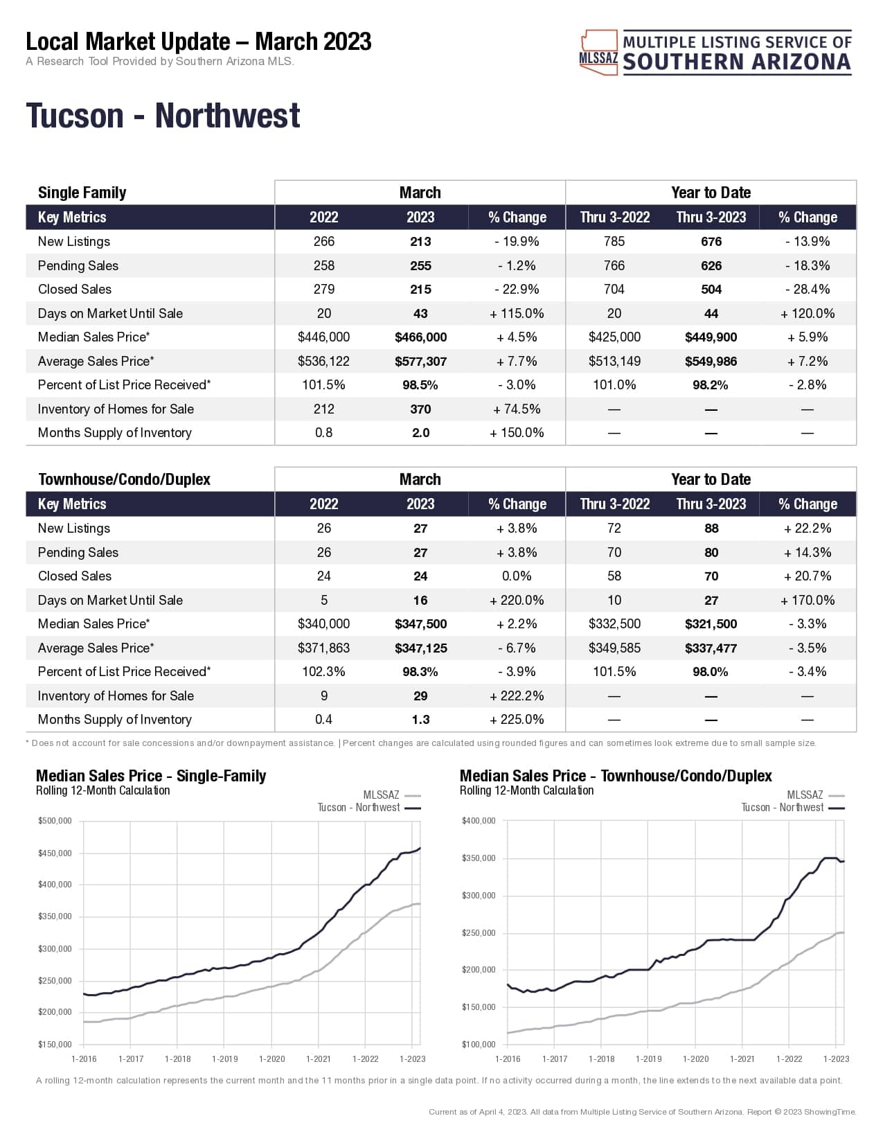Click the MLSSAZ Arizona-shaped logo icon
[598, 53]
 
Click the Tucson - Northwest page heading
[163, 116]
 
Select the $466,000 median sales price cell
[420, 337]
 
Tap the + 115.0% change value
[517, 314]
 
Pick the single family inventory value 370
[420, 409]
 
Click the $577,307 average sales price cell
[420, 362]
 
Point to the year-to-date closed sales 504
[711, 290]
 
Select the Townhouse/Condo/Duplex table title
[124, 479]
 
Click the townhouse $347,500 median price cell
[420, 624]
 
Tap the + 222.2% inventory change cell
[517, 696]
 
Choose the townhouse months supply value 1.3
[420, 720]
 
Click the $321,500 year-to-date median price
[711, 624]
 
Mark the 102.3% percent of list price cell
[323, 672]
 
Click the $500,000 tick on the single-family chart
[55, 821]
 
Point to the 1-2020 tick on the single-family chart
[271, 1058]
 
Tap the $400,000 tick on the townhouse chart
[479, 821]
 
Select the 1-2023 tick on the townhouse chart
[836, 1058]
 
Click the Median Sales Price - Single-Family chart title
[151, 776]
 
